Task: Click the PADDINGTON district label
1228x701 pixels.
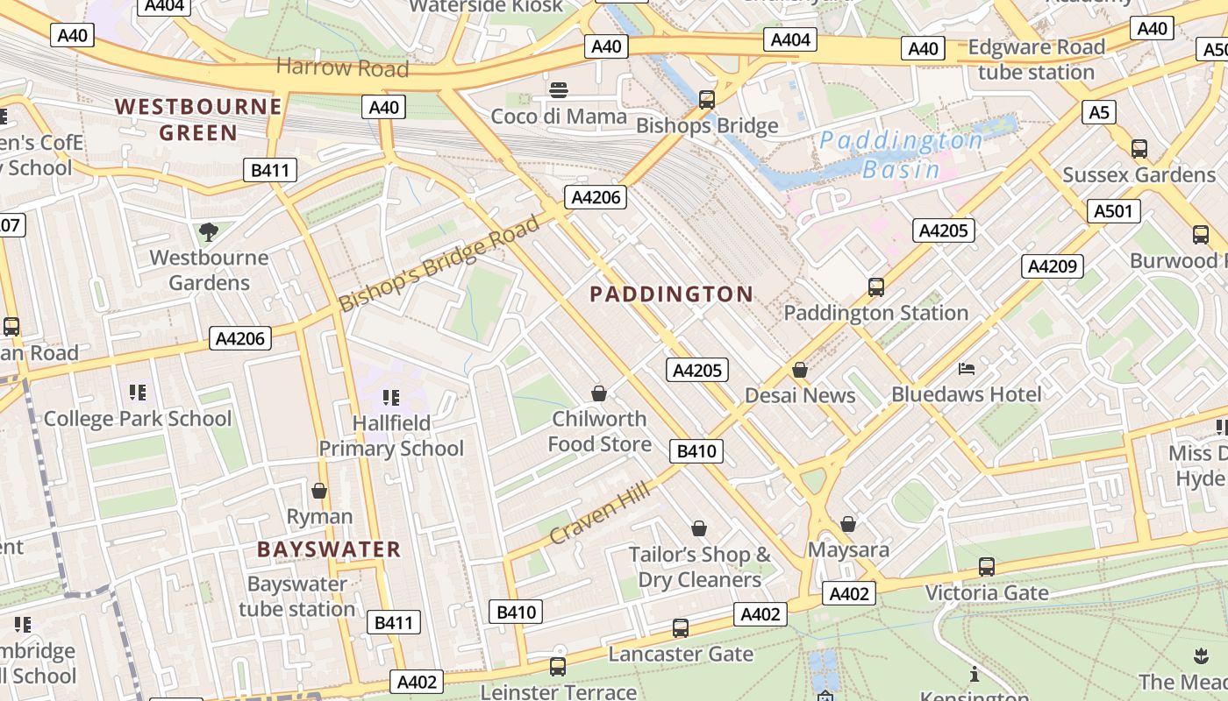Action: tap(671, 294)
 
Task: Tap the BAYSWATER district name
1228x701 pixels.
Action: tap(329, 550)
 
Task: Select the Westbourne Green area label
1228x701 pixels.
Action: tap(198, 120)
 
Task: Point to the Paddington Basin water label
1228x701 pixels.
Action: tap(902, 154)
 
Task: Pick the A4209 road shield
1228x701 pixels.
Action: tap(1052, 266)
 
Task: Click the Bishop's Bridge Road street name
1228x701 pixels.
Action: tap(439, 263)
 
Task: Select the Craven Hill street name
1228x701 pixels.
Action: tap(600, 513)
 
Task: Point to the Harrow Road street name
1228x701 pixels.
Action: tap(342, 67)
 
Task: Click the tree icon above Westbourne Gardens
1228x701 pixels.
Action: tap(209, 232)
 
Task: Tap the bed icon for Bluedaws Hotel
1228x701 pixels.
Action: tap(967, 369)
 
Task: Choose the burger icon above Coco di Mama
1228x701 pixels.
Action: tap(559, 89)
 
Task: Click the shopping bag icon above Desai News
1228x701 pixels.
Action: tap(799, 371)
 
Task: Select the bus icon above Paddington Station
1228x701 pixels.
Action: tap(875, 287)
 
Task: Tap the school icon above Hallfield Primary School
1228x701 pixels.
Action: tap(390, 398)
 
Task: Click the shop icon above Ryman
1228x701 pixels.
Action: tap(319, 491)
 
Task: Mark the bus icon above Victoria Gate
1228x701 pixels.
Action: tap(987, 567)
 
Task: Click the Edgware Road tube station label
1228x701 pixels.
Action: tap(1036, 60)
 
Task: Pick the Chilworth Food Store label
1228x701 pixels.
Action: tap(600, 431)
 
